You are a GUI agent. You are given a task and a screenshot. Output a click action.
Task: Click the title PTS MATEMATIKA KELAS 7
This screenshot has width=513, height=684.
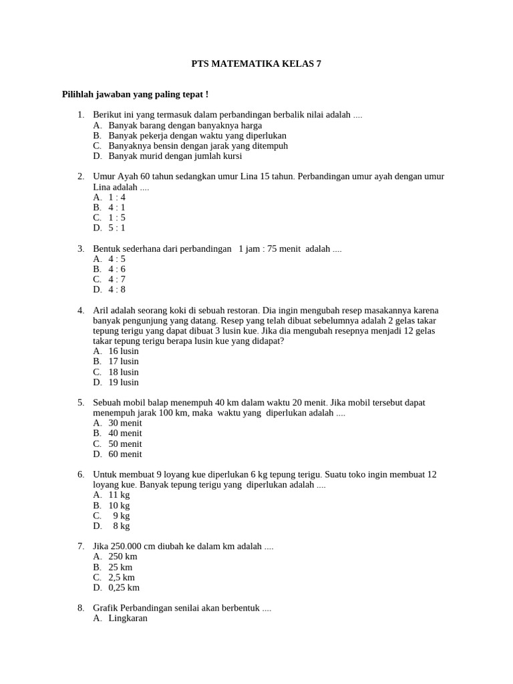(256, 64)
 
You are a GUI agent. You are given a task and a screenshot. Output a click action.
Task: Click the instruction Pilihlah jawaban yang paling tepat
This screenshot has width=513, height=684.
(136, 95)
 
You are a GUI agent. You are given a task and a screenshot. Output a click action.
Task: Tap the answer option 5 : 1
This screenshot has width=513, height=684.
(117, 228)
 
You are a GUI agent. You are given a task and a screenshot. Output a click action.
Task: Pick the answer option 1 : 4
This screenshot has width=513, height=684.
(117, 197)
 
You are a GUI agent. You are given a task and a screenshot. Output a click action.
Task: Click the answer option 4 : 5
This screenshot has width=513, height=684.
(117, 259)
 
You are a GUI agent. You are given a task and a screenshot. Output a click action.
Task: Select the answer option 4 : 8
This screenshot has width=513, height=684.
(117, 290)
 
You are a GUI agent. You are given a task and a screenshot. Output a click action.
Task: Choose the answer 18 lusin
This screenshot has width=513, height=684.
(124, 372)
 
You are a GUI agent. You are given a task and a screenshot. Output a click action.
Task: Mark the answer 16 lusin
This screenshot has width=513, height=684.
(124, 351)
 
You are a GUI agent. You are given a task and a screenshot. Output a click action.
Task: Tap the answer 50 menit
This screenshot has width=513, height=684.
(125, 444)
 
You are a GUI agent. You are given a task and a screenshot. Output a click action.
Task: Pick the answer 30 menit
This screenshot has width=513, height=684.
(125, 423)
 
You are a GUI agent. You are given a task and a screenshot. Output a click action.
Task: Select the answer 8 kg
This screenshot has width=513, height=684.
(121, 526)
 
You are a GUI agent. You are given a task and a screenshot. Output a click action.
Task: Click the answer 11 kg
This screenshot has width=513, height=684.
(119, 495)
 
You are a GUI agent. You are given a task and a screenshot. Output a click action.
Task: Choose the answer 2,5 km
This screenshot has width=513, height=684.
(122, 577)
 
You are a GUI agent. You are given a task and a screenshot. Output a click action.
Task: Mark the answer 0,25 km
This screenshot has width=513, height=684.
(124, 588)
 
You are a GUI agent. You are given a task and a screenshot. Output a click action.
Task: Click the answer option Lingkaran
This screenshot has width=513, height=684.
(128, 619)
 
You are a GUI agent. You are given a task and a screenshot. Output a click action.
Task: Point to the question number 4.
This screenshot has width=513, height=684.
(80, 311)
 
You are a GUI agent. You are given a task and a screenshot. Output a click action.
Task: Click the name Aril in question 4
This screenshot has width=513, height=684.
(101, 311)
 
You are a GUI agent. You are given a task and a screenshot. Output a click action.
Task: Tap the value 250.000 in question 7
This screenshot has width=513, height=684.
(124, 546)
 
